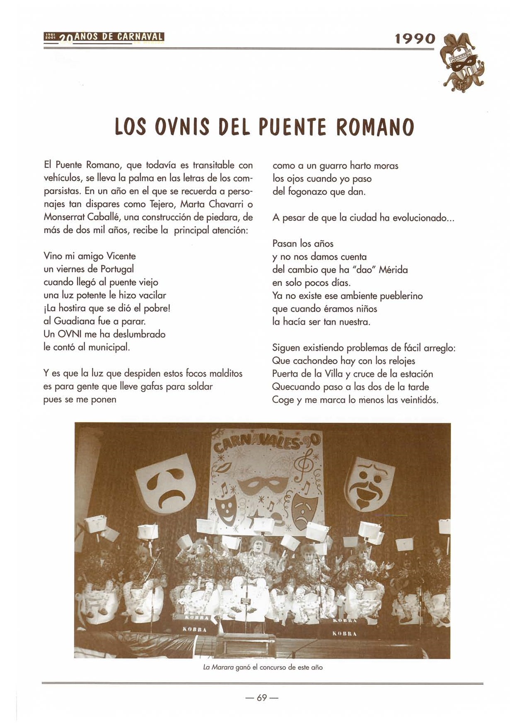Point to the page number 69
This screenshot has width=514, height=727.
point(262,698)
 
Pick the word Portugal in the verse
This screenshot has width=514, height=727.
point(116,269)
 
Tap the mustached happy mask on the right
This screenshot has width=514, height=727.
point(370,483)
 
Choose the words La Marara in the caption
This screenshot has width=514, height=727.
point(218,668)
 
